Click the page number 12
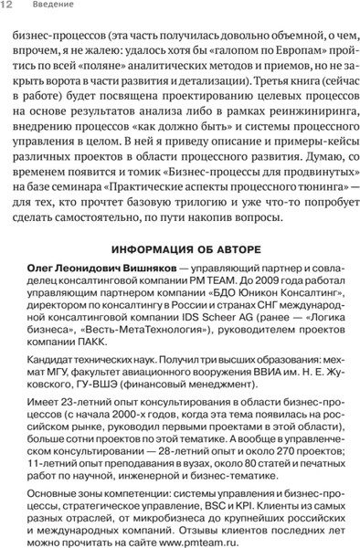pos(7,7)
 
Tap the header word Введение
pos(44,7)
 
